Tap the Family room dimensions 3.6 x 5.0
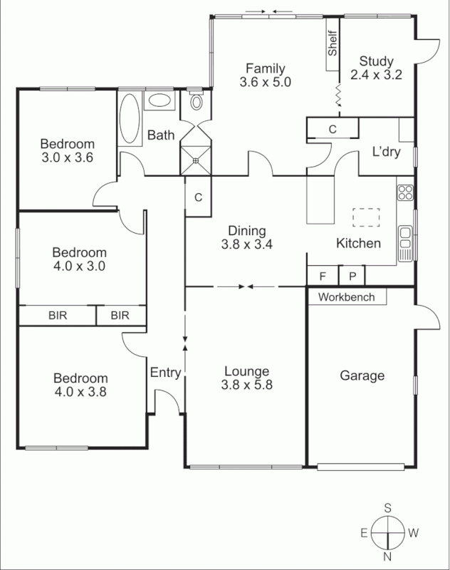click(x=266, y=81)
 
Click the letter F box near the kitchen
click(x=323, y=276)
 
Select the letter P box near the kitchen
click(x=352, y=276)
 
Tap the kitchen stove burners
click(x=406, y=192)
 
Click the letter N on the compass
click(x=388, y=556)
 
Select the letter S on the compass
click(x=388, y=508)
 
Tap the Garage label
click(x=362, y=375)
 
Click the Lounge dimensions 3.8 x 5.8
click(x=246, y=385)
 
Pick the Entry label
click(x=165, y=372)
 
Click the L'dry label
click(x=387, y=151)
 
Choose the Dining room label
click(x=247, y=230)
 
